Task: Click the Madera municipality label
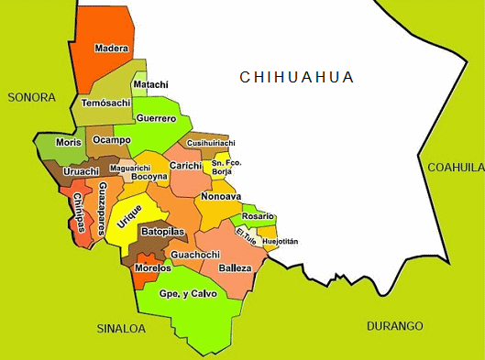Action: [112, 49]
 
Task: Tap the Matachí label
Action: [150, 84]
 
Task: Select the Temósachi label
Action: [107, 104]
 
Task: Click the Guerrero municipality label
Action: [156, 118]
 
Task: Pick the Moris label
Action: [68, 143]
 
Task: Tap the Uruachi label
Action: [82, 171]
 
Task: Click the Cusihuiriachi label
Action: [211, 143]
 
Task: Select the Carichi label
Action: [185, 165]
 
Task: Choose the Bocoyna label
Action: [149, 176]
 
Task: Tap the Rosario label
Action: [258, 215]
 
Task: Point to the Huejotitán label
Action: [280, 241]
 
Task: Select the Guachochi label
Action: [194, 254]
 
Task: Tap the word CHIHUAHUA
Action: [296, 76]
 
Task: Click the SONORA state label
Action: [31, 96]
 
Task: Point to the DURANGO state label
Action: [394, 326]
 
